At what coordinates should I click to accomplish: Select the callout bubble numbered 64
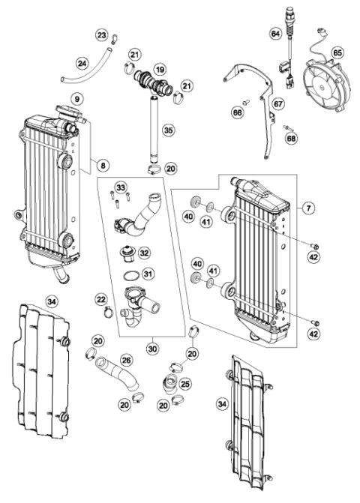[275, 34]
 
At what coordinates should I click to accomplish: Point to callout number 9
[76, 98]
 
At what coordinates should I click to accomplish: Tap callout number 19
[159, 69]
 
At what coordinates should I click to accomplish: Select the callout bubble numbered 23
[102, 35]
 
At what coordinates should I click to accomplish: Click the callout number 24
[82, 63]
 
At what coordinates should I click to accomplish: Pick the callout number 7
[309, 206]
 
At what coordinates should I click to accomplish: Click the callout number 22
[100, 300]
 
